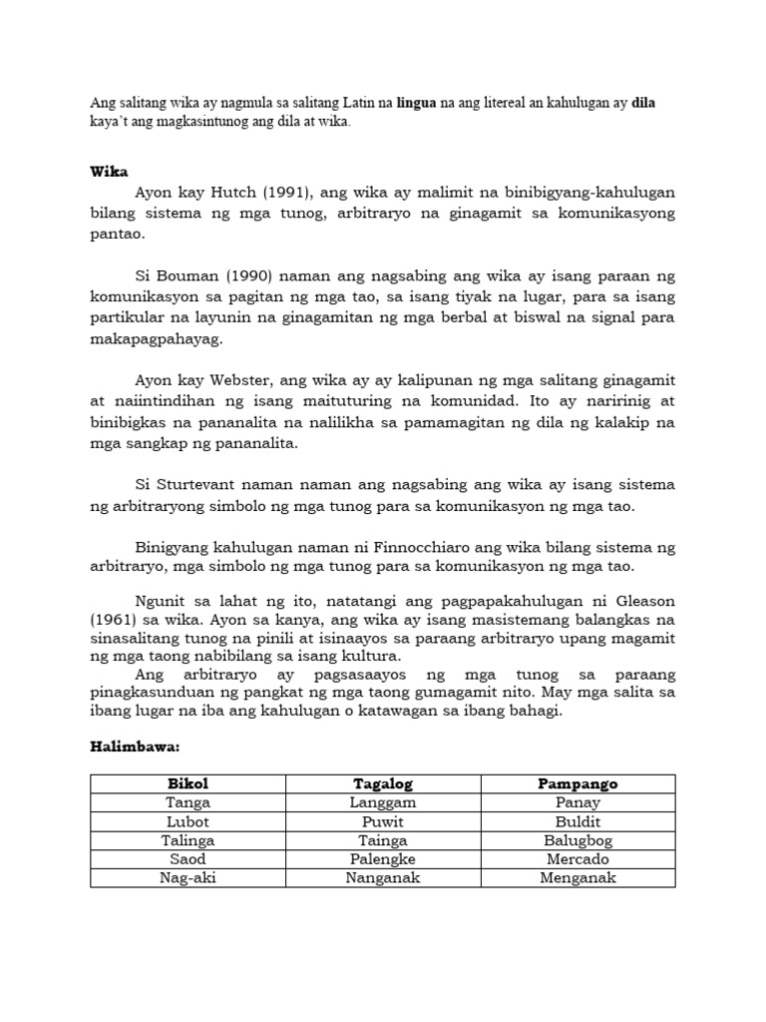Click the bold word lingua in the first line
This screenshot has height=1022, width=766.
(x=416, y=103)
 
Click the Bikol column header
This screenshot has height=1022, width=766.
(x=189, y=783)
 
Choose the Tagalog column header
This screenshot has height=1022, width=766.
(x=383, y=783)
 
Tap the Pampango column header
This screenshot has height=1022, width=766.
(x=577, y=783)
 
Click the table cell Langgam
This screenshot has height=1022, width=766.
(x=383, y=802)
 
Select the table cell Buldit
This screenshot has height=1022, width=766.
(x=577, y=821)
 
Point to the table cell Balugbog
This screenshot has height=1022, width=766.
(x=577, y=840)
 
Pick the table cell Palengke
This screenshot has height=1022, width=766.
(x=383, y=859)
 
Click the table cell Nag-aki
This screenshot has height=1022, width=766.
(x=189, y=878)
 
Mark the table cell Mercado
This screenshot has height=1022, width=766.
(x=577, y=859)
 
